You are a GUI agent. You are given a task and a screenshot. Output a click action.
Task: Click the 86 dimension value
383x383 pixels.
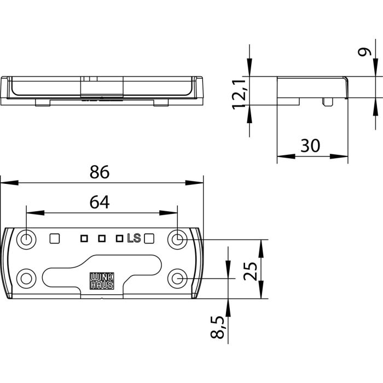100,172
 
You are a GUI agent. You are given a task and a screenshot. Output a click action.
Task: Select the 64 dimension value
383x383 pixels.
100,202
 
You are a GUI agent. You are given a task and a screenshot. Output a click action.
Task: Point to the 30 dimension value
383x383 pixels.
310,146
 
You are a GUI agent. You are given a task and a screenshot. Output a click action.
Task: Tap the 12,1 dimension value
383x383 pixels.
239,94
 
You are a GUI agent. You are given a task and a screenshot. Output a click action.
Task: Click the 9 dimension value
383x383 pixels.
364,52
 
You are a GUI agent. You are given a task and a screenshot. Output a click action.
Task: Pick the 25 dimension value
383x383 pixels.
251,271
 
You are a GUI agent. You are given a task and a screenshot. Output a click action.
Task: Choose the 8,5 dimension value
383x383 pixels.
217,327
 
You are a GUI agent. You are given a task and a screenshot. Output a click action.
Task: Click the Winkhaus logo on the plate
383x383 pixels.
102,281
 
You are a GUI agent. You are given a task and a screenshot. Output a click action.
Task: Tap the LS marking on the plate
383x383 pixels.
134,238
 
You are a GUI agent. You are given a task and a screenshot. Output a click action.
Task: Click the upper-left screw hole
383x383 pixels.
26,240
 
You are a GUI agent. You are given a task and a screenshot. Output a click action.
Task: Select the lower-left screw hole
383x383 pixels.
26,278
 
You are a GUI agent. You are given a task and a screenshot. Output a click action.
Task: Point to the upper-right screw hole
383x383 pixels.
177,240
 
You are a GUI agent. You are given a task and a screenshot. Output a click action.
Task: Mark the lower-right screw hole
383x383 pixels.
177,278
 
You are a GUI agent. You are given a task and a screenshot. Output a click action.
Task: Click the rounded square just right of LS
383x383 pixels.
149,239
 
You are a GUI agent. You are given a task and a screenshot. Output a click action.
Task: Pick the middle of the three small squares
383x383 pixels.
102,239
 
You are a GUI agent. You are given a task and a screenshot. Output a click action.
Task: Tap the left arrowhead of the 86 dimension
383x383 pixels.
9,183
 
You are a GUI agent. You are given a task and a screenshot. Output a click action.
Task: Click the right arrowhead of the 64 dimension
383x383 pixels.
169,213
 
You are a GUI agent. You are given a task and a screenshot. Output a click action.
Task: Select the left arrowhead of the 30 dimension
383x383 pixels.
286,156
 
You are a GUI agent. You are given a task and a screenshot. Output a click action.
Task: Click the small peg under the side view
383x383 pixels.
328,102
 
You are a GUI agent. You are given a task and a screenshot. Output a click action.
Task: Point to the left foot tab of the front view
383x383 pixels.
43,103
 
